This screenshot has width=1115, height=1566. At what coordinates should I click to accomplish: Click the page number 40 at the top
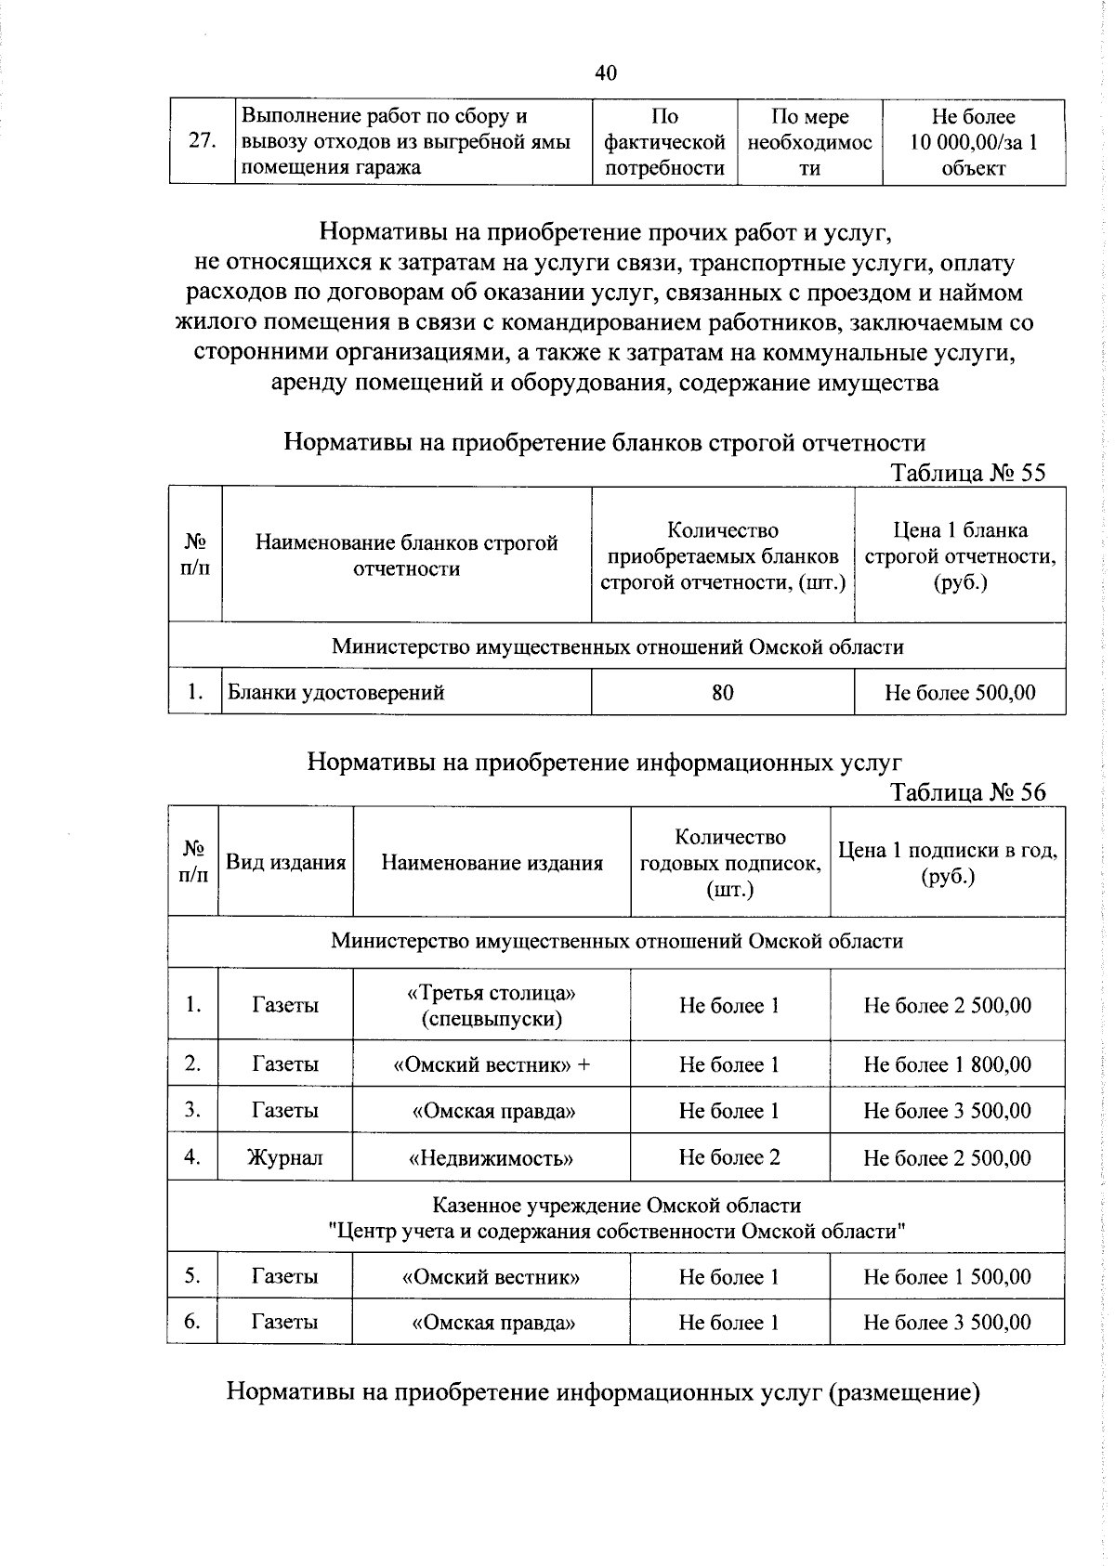pyautogui.click(x=605, y=73)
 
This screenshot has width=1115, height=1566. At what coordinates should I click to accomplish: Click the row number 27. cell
pyautogui.click(x=203, y=141)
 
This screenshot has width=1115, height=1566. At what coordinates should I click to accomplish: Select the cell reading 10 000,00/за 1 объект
pyautogui.click(x=973, y=142)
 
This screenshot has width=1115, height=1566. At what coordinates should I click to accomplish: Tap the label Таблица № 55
pyautogui.click(x=968, y=473)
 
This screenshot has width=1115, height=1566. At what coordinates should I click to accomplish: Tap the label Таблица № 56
pyautogui.click(x=968, y=791)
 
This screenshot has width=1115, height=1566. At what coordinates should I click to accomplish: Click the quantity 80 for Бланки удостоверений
pyautogui.click(x=722, y=692)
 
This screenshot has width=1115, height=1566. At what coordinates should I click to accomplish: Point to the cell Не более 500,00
pyautogui.click(x=960, y=692)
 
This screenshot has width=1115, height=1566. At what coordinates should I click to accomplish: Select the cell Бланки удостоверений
pyautogui.click(x=336, y=692)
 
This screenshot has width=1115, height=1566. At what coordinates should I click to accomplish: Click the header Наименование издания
pyautogui.click(x=492, y=863)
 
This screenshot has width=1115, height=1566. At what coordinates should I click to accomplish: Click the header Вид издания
pyautogui.click(x=286, y=862)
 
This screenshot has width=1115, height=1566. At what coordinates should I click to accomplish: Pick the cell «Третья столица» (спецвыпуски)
pyautogui.click(x=492, y=1005)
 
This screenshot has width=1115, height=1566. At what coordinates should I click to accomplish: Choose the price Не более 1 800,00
pyautogui.click(x=947, y=1064)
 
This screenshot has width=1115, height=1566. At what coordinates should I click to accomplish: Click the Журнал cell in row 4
pyautogui.click(x=284, y=1157)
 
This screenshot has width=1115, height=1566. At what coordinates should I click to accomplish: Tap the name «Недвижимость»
pyautogui.click(x=492, y=1157)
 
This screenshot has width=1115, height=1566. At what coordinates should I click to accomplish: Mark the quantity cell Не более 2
pyautogui.click(x=729, y=1156)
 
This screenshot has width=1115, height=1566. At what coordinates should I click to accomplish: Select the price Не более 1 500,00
pyautogui.click(x=947, y=1276)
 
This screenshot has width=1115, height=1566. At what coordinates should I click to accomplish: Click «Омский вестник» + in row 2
pyautogui.click(x=492, y=1064)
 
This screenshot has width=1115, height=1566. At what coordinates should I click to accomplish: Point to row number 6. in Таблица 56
pyautogui.click(x=192, y=1321)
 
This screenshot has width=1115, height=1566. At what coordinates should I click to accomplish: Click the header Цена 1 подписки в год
pyautogui.click(x=947, y=863)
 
